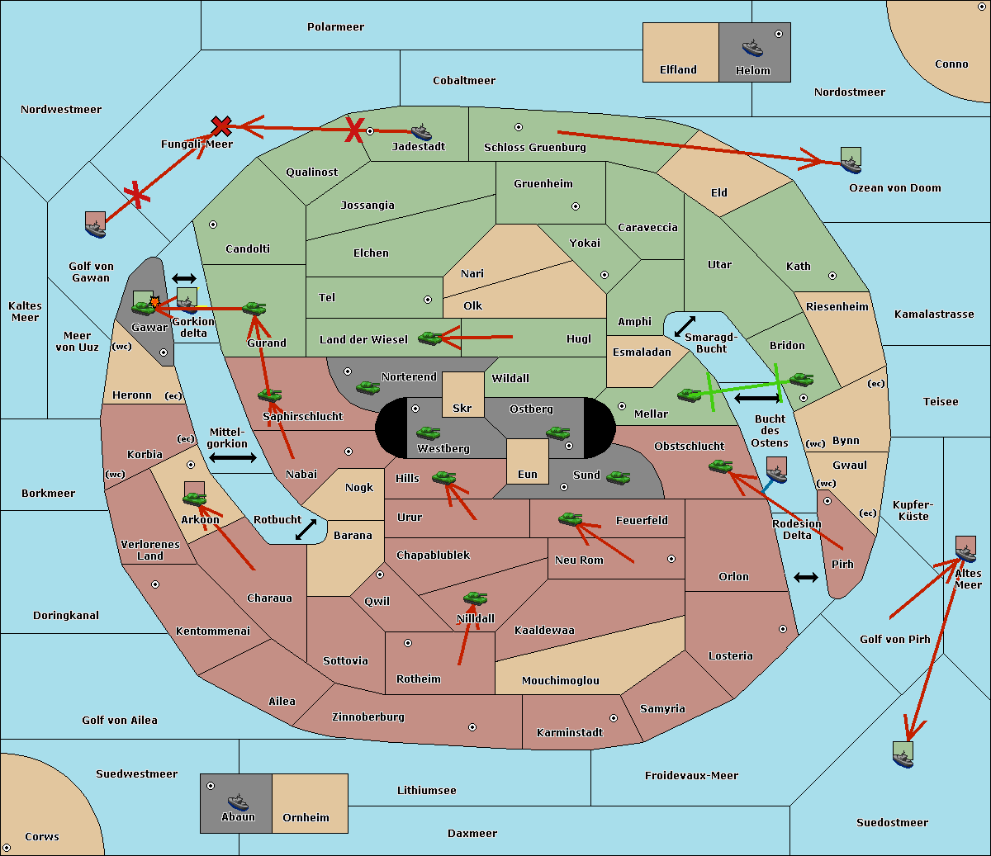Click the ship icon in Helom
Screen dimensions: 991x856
coord(752,48)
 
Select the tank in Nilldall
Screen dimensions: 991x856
coord(475,598)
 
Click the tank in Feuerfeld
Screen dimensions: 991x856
coord(571,518)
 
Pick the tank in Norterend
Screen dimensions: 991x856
coord(367,387)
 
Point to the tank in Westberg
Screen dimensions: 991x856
coord(428,433)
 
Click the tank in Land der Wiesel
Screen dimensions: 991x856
coord(430,338)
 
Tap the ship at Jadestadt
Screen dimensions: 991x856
coord(421,132)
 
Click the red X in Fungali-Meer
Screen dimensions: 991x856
coord(221,126)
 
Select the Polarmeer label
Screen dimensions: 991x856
coord(335,27)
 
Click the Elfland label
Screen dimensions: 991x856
coord(678,69)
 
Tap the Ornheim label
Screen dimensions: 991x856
coord(306,817)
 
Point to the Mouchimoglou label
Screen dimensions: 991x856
coord(561,680)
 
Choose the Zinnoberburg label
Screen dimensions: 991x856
coord(368,717)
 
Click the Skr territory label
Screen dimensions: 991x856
coord(462,408)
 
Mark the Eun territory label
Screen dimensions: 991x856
coord(528,474)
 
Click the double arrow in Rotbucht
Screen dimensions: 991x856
coord(306,529)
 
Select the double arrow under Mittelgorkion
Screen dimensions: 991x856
coord(233,457)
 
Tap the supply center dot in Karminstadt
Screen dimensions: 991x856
coord(614,718)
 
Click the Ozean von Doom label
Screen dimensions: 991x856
coord(894,188)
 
